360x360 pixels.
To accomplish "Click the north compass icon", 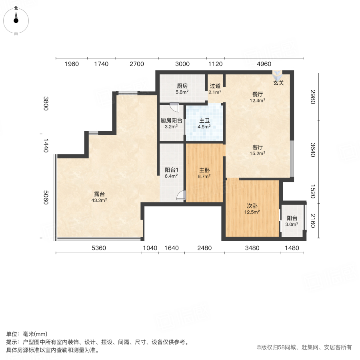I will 16,18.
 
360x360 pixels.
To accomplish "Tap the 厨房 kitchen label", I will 182,86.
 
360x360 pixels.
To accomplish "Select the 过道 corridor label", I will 215,86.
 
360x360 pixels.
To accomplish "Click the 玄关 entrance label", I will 278,83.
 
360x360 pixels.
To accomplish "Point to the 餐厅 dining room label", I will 257,94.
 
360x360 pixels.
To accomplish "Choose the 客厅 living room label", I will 257,146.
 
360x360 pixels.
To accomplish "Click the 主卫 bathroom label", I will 205,120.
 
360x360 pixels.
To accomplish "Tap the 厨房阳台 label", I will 172,120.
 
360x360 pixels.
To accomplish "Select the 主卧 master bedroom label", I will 205,169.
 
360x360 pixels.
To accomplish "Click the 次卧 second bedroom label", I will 252,206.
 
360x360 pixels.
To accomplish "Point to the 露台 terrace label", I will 99,194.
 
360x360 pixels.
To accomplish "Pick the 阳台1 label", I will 171,169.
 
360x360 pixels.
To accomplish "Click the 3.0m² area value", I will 292,224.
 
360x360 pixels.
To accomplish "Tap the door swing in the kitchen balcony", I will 174,107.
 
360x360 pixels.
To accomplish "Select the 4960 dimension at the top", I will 264,64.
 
